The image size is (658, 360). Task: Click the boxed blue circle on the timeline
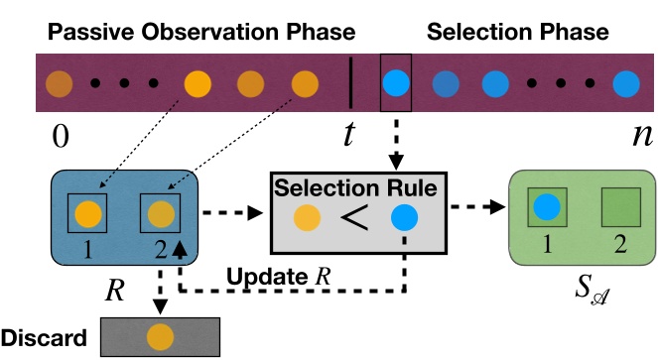tap(396, 81)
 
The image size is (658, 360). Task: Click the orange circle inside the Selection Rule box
tap(308, 218)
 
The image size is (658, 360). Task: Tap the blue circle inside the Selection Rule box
tap(405, 218)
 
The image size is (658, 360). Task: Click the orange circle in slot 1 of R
tap(89, 213)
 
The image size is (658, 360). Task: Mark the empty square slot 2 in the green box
tap(611, 208)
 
